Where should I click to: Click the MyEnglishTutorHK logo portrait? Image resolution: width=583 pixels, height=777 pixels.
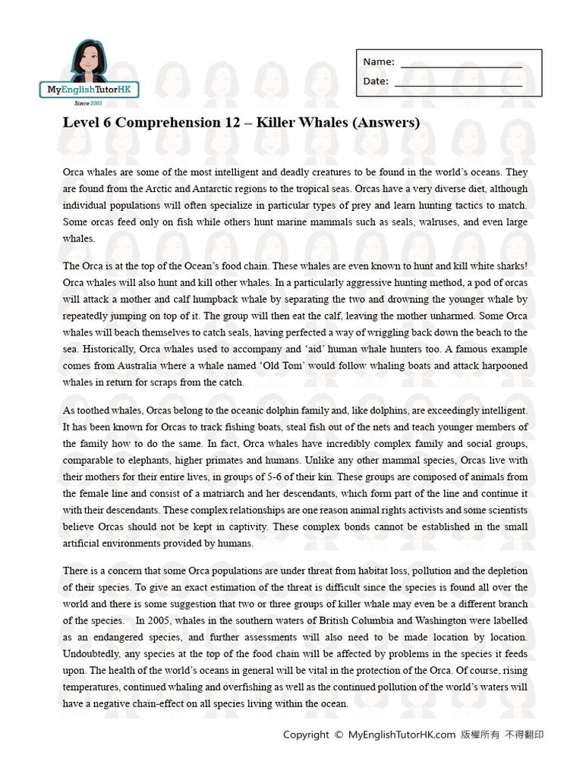89,60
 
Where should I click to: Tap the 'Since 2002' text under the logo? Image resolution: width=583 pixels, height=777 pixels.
90,102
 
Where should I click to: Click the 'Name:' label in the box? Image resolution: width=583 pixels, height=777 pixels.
378,62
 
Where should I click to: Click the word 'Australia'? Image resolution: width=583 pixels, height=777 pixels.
142,366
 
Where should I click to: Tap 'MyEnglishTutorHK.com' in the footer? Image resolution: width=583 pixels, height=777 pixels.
402,735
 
